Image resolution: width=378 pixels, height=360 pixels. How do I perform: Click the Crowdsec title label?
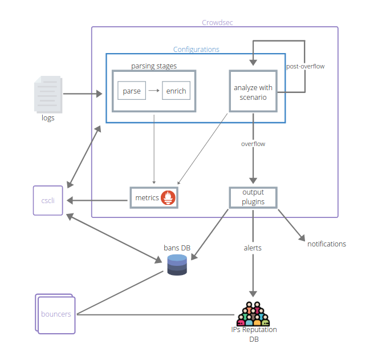217,23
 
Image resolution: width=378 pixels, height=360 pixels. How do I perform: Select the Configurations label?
196,50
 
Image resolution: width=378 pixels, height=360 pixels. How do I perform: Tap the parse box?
132,91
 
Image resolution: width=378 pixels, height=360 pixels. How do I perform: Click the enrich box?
176,91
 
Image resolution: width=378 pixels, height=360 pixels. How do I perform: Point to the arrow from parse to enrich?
154,91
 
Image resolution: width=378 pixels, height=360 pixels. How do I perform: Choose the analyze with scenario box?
253,92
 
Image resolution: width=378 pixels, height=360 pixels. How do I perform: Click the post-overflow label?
305,67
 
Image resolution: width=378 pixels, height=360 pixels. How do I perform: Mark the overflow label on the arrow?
253,144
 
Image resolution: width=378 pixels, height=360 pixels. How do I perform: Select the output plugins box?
253,197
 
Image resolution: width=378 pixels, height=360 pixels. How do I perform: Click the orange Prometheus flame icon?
169,198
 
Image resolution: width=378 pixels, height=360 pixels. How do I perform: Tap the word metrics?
147,198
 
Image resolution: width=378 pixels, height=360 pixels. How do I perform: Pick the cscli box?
48,200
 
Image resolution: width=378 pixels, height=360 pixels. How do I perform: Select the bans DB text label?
177,247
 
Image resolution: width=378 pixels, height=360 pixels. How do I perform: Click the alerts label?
253,248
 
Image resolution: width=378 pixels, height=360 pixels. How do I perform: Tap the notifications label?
327,244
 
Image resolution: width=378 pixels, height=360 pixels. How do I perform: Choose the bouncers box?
56,314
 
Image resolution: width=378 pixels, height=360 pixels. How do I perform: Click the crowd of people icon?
253,314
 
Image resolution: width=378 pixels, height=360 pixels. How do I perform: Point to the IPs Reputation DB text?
254,334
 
